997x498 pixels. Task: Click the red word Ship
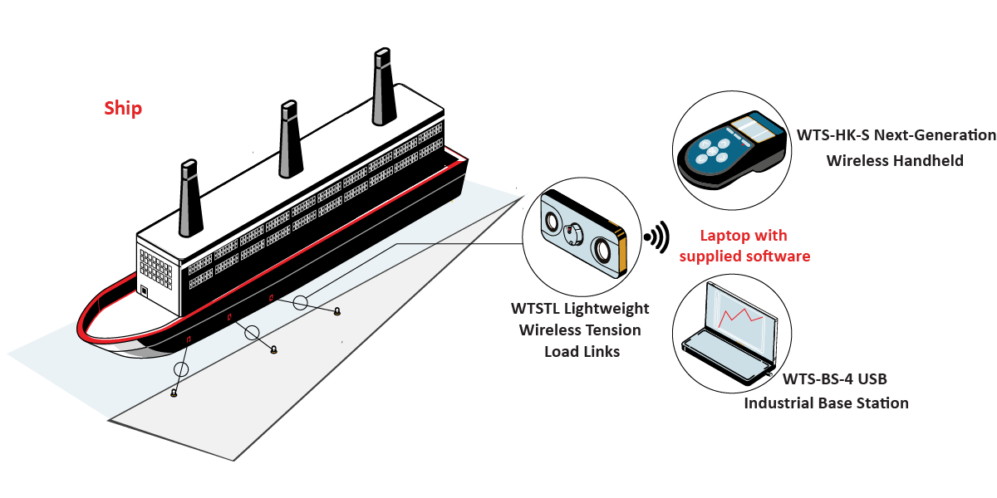click(x=123, y=109)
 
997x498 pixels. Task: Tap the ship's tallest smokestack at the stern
click(x=383, y=86)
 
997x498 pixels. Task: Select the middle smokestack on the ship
click(x=290, y=139)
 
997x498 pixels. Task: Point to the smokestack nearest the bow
click(x=190, y=198)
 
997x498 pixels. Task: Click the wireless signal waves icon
click(x=657, y=237)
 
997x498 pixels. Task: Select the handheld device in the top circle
click(x=731, y=149)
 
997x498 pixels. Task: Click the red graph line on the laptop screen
click(x=740, y=317)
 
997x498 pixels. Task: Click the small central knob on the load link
click(x=572, y=234)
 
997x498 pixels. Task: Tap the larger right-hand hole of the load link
click(x=603, y=251)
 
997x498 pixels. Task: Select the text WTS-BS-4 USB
click(x=834, y=378)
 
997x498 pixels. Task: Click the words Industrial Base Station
click(x=826, y=403)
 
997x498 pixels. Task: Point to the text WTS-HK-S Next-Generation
click(x=896, y=135)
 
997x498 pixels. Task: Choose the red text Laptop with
click(x=744, y=235)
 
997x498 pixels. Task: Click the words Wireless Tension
click(x=580, y=330)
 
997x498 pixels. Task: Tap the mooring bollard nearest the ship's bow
click(x=174, y=393)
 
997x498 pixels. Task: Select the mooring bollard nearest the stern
click(x=337, y=311)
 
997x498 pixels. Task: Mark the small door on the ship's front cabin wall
click(x=144, y=291)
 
